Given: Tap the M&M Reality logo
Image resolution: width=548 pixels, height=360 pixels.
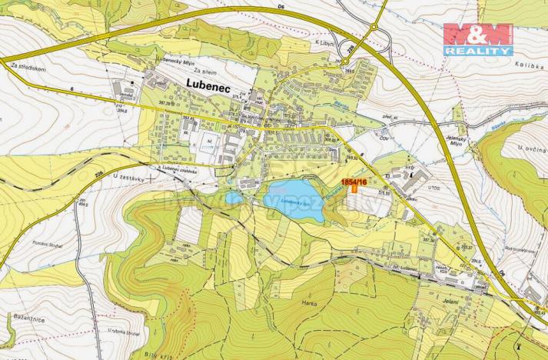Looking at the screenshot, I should [477, 38].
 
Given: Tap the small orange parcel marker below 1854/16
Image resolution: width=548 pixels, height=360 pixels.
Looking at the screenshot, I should [354, 190].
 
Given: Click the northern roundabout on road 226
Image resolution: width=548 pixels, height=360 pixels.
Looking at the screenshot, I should [374, 28].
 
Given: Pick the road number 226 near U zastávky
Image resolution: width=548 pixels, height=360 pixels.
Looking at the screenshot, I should [98, 175].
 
